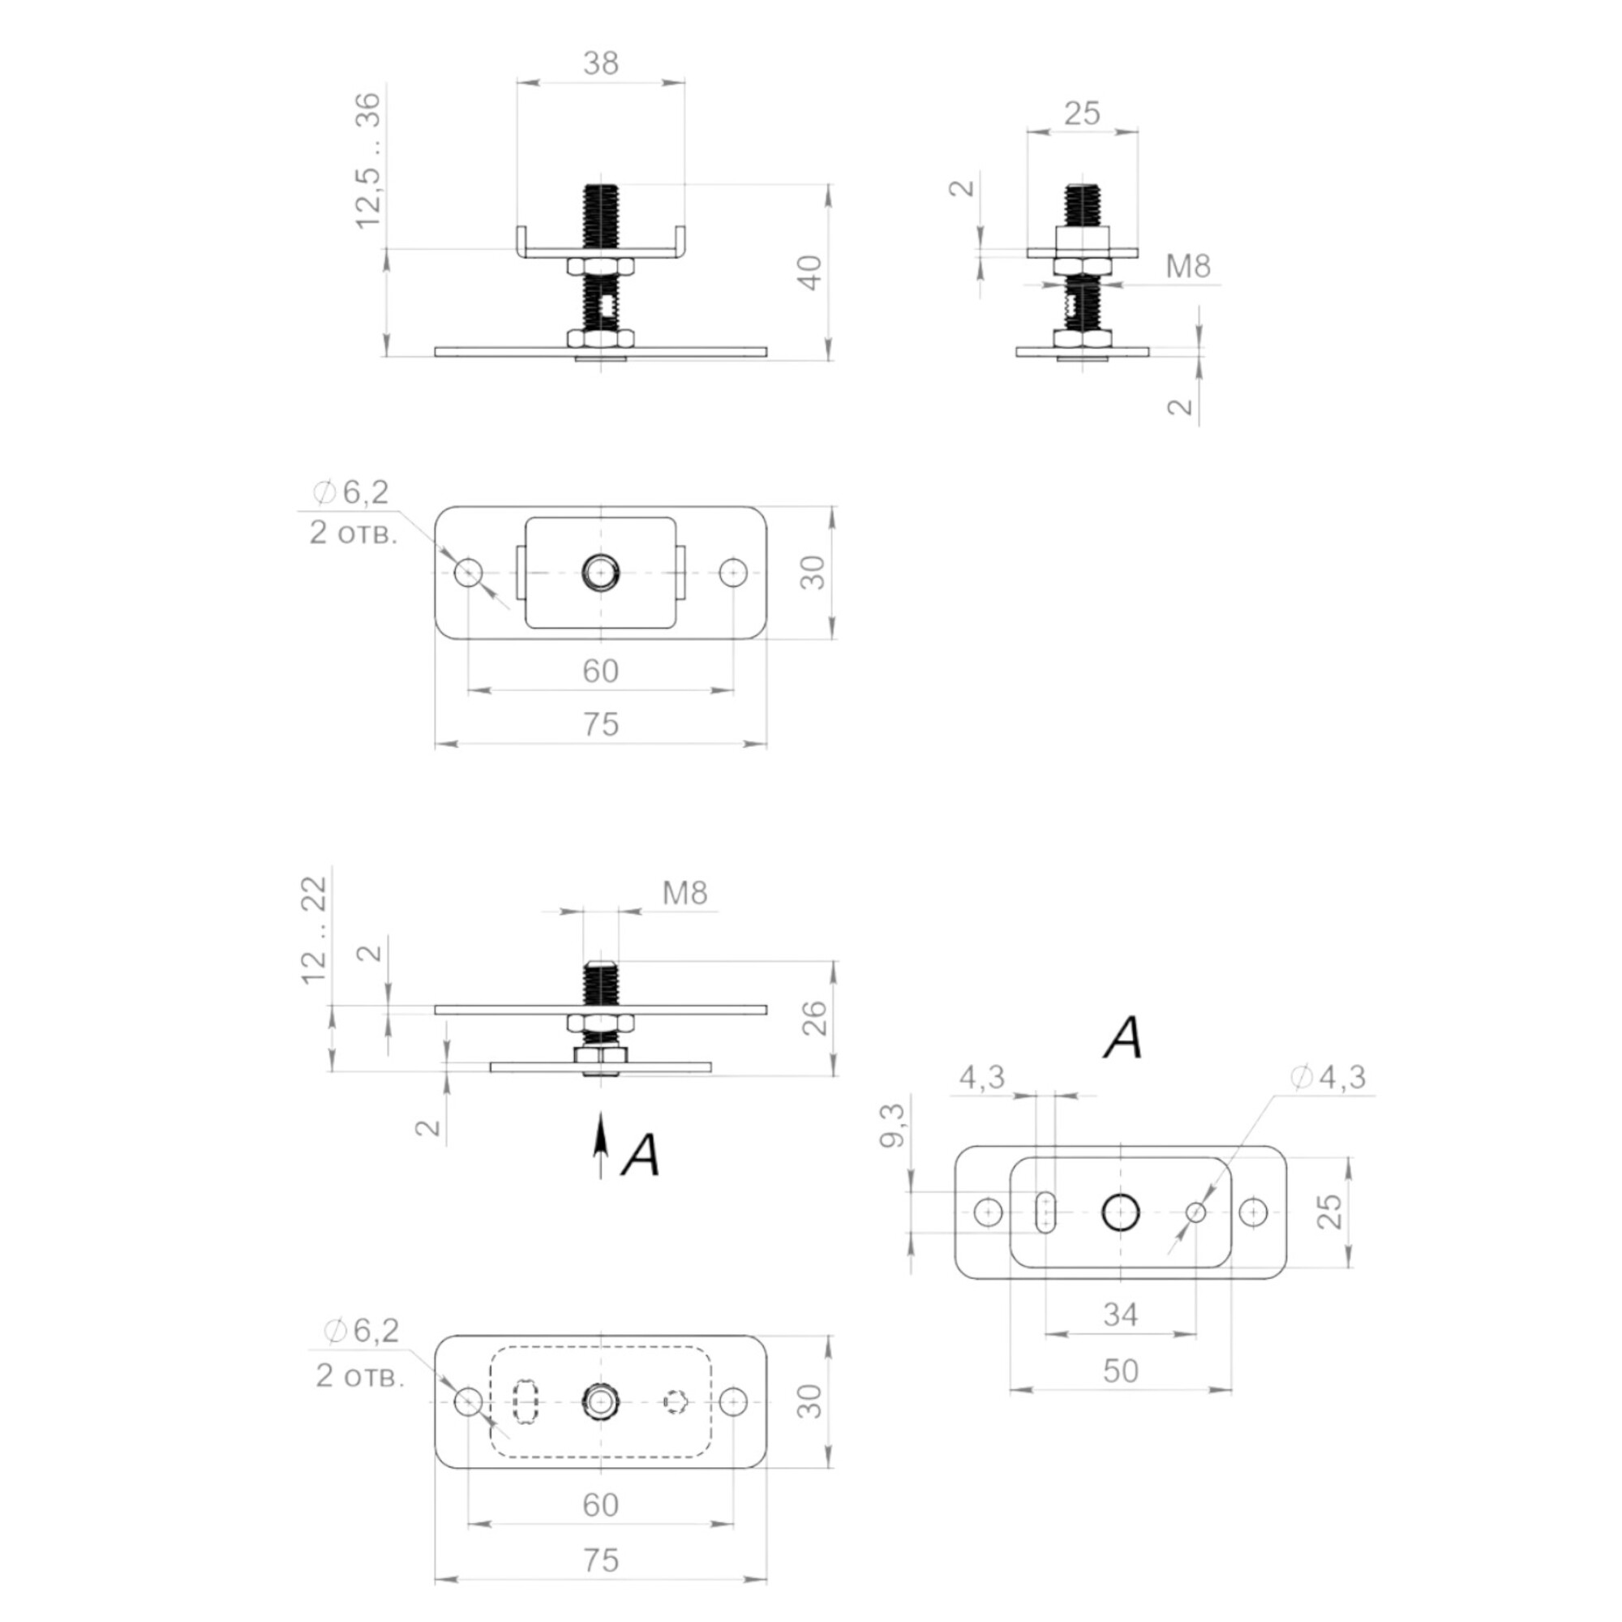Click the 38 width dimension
(x=600, y=63)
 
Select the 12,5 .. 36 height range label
(x=367, y=160)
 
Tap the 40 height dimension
(x=809, y=272)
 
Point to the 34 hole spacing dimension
(x=1121, y=1314)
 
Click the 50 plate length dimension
(x=1121, y=1371)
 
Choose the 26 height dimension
(x=814, y=1018)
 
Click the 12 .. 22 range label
(x=314, y=929)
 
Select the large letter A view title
(x=1124, y=1038)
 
